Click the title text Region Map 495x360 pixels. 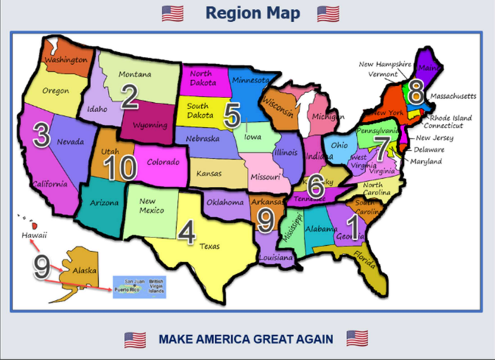pos(252,13)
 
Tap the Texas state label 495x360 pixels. pos(209,246)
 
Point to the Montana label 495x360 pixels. pos(134,74)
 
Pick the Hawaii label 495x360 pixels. pos(34,235)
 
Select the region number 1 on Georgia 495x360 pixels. pos(353,226)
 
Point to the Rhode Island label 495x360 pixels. pos(450,118)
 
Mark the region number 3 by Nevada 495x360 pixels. pos(41,135)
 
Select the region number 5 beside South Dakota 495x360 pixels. pos(231,112)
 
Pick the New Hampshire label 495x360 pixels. pos(384,64)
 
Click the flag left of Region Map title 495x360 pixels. pos(172,13)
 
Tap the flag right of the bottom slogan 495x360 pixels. pos(357,339)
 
